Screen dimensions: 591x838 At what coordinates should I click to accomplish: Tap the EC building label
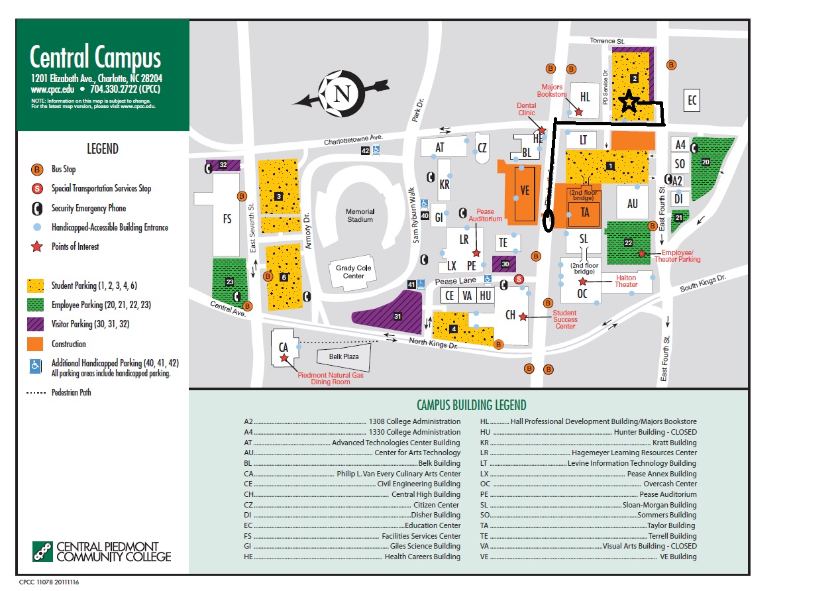pyautogui.click(x=692, y=101)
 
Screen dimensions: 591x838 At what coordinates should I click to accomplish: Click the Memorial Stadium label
pyautogui.click(x=360, y=215)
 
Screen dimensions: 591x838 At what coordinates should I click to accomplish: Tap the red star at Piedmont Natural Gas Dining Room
pyautogui.click(x=284, y=358)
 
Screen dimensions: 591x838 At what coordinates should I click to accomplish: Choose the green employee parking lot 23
pyautogui.click(x=229, y=282)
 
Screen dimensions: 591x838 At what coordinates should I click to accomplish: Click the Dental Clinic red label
pyautogui.click(x=526, y=109)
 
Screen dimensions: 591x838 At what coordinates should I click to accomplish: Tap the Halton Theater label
pyautogui.click(x=626, y=281)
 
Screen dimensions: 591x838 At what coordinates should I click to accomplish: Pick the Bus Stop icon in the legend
pyautogui.click(x=38, y=170)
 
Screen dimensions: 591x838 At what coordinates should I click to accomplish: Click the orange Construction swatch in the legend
pyautogui.click(x=36, y=344)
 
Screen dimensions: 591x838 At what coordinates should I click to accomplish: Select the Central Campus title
pyautogui.click(x=95, y=58)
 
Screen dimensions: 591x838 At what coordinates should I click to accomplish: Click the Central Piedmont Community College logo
pyautogui.click(x=102, y=551)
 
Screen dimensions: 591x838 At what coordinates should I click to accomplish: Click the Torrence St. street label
pyautogui.click(x=607, y=41)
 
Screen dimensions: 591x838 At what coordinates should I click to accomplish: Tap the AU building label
pyautogui.click(x=633, y=204)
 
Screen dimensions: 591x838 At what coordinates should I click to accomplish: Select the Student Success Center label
pyautogui.click(x=565, y=319)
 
